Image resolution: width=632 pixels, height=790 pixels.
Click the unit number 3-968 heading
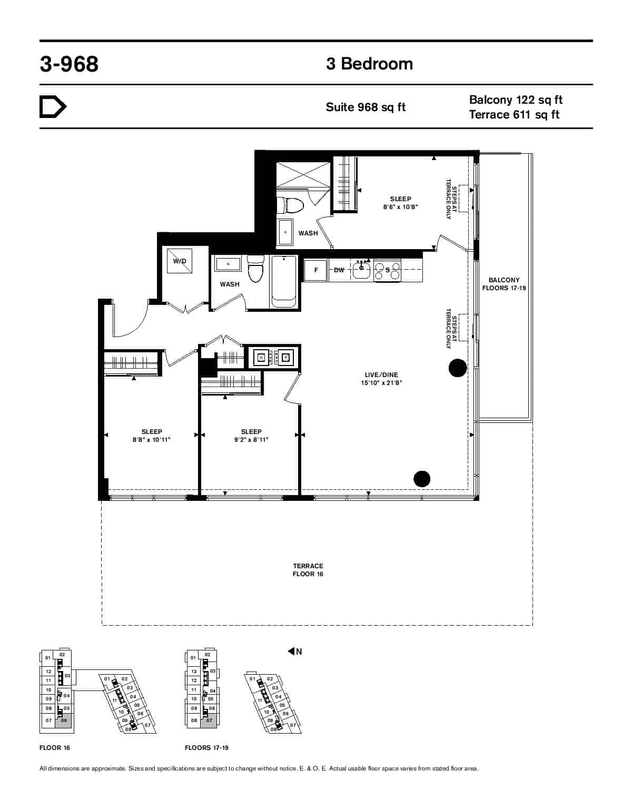[69, 64]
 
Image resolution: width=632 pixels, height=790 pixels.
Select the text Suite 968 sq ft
[366, 107]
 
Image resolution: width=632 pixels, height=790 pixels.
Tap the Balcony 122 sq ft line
[516, 100]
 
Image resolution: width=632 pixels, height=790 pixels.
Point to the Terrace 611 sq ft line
[514, 114]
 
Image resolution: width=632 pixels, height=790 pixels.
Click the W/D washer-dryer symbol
[180, 261]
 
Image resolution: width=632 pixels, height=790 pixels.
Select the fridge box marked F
[316, 270]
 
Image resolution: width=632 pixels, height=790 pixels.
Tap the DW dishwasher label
[339, 270]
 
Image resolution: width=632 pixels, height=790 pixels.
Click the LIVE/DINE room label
[381, 375]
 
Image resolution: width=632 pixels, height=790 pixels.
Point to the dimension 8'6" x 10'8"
[400, 207]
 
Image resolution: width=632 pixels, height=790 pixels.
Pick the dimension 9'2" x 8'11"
[251, 439]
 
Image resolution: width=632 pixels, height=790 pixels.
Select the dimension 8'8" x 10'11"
[152, 439]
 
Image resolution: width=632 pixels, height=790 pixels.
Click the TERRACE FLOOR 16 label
[308, 570]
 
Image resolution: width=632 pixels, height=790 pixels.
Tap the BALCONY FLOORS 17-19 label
[504, 284]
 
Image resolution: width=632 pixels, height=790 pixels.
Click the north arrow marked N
[295, 651]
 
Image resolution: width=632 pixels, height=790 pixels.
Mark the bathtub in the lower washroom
[283, 282]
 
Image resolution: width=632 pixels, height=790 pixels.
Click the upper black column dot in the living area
[458, 368]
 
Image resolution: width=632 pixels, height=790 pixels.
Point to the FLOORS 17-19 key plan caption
[206, 748]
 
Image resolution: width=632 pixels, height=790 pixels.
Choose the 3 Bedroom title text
[369, 64]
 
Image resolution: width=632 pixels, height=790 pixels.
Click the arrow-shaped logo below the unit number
[53, 107]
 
